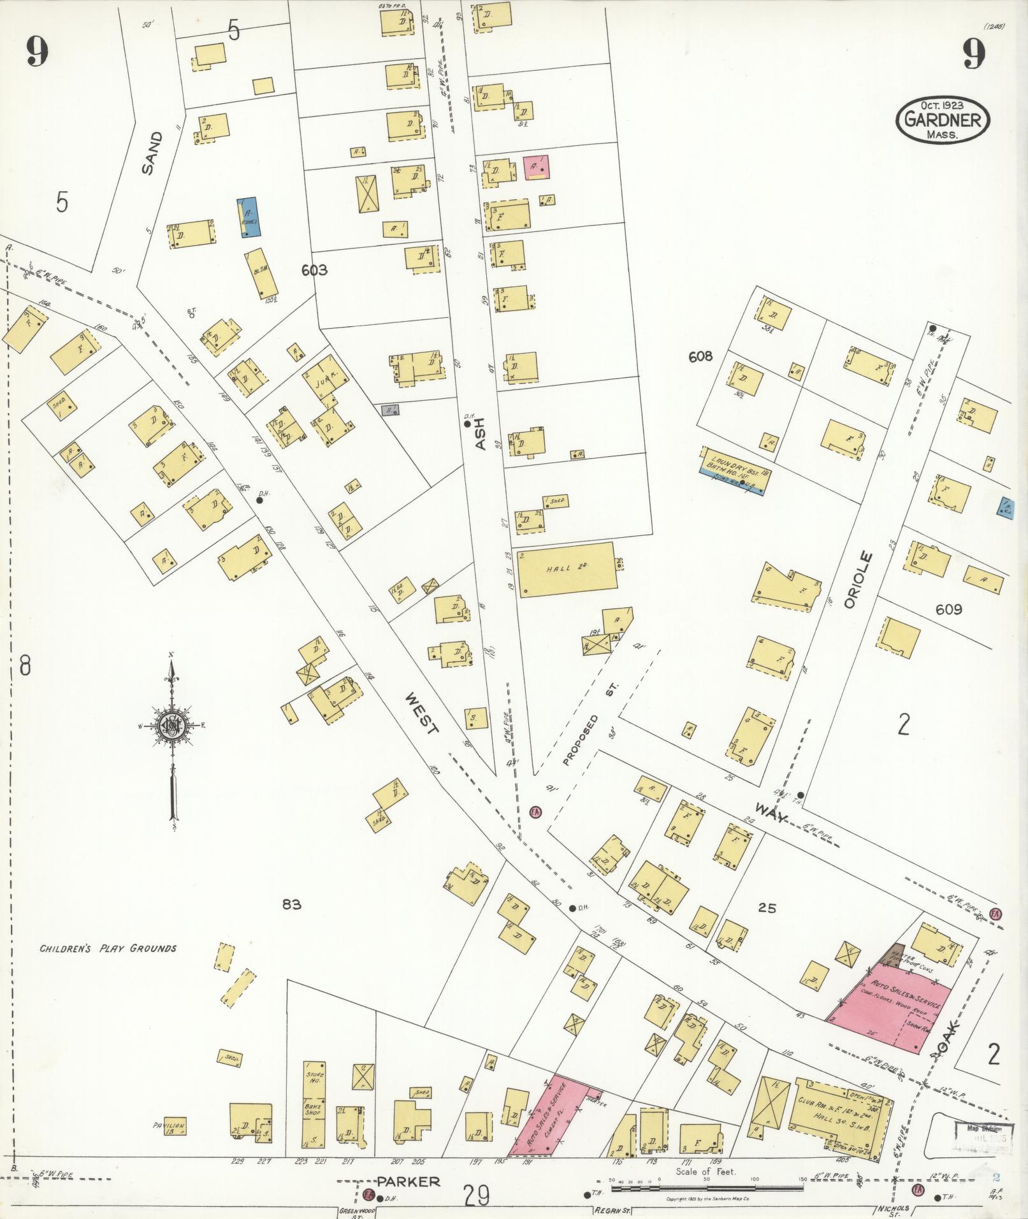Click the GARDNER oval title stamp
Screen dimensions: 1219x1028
click(943, 120)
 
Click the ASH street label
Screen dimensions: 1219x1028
click(480, 433)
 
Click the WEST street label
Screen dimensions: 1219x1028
click(421, 714)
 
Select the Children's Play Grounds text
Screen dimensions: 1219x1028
click(108, 948)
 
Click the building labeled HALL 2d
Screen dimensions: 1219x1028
click(566, 569)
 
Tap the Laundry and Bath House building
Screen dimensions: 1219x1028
click(735, 461)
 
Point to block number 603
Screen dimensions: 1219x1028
click(314, 270)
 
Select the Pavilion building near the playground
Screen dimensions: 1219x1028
click(169, 1127)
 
